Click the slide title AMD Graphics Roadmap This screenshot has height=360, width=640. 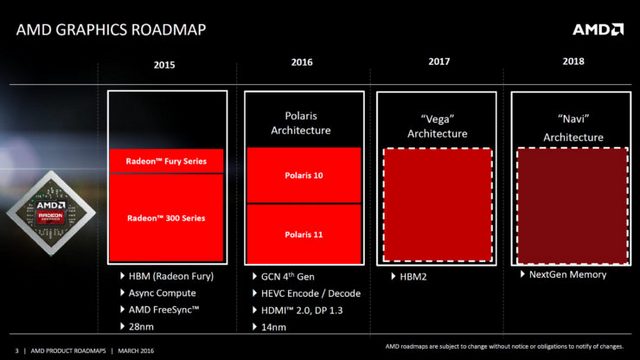[x=111, y=27]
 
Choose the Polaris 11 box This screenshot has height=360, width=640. [x=302, y=234]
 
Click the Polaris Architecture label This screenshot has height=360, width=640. [x=302, y=122]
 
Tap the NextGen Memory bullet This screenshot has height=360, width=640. [x=569, y=274]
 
